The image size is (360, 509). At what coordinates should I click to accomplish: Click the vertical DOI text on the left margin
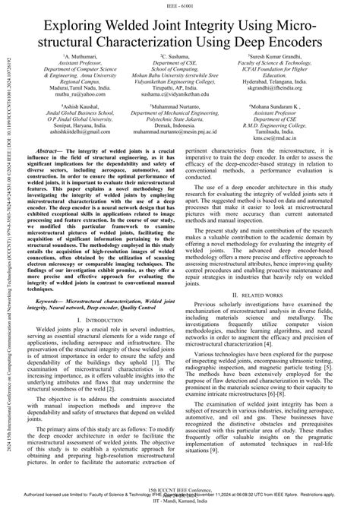point(8,251)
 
